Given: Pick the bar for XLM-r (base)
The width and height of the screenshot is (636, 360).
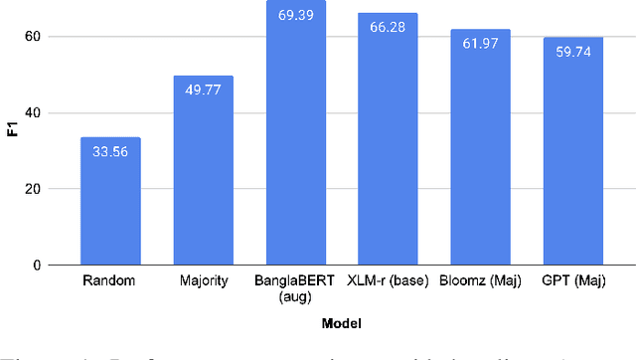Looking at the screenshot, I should point(388,139).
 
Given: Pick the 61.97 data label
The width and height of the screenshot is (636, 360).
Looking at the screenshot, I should point(480,44).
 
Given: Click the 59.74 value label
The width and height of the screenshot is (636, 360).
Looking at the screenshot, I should point(572,53).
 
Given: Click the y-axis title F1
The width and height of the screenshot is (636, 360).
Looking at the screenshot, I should point(14,150).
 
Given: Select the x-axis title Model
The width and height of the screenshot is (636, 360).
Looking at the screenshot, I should point(341,323).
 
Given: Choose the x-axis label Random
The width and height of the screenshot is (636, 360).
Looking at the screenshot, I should point(110,281).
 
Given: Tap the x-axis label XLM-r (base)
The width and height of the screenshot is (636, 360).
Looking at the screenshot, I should point(388,281).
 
